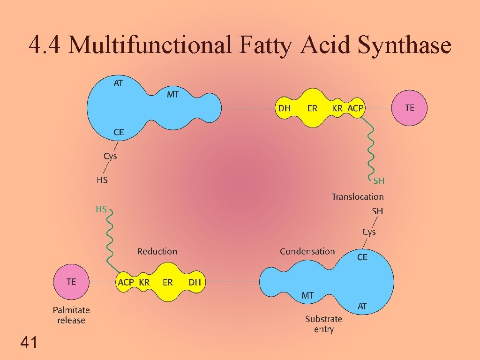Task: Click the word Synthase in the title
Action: click(404, 45)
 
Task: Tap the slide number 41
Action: click(29, 343)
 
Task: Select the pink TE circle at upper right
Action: click(409, 108)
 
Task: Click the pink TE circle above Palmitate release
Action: click(71, 282)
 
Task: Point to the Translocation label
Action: click(358, 197)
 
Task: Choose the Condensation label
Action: click(307, 252)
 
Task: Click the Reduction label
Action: click(157, 252)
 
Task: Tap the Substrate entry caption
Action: click(323, 324)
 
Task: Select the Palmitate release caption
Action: click(71, 315)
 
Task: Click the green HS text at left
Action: click(101, 210)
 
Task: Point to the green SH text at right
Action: click(379, 180)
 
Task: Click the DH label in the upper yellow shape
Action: click(285, 108)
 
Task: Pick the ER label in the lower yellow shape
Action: click(168, 282)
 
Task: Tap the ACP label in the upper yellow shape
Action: click(355, 108)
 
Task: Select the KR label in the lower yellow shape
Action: click(144, 282)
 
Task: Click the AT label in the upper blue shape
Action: click(119, 83)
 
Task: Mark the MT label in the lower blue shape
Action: click(307, 295)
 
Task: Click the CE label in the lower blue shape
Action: click(362, 257)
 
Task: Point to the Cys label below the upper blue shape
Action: click(110, 156)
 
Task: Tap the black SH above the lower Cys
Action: click(377, 211)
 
